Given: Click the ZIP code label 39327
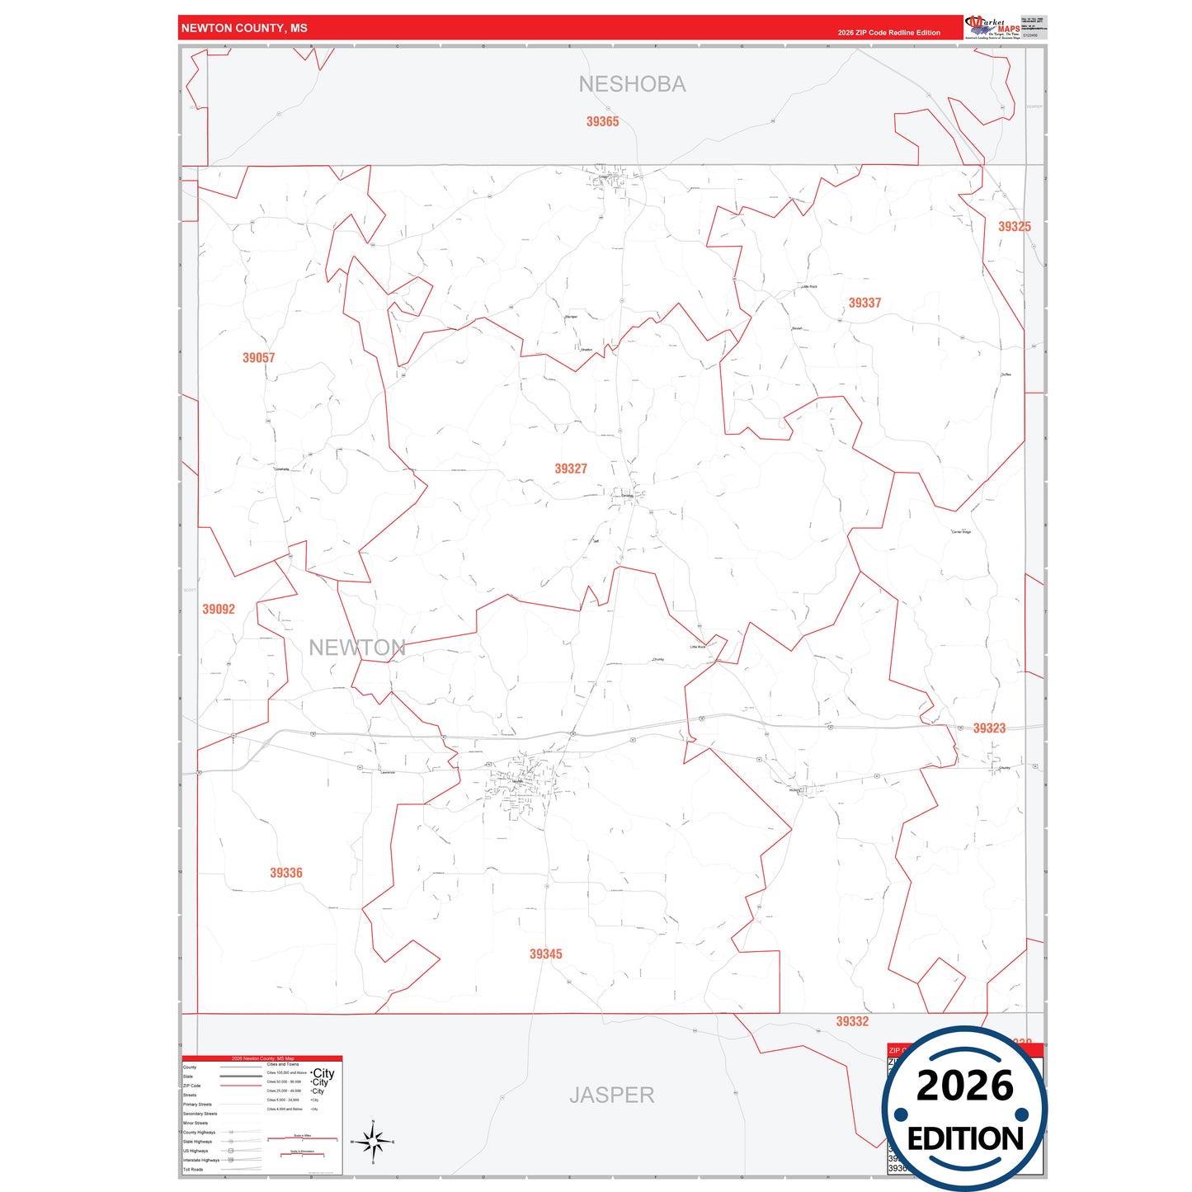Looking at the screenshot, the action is click(x=571, y=469).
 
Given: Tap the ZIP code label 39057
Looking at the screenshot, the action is click(x=258, y=358).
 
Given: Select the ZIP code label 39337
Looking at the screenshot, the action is click(x=865, y=303).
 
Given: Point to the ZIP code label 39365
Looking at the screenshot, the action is click(x=602, y=121).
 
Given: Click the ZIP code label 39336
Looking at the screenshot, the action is click(x=286, y=873).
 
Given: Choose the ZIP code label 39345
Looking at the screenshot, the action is click(x=545, y=954).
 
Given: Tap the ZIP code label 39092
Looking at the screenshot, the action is click(x=219, y=610).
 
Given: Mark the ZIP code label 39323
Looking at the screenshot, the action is click(x=989, y=728).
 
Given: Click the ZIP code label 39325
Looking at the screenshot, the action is click(x=1014, y=227).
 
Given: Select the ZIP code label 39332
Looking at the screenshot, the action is click(x=852, y=1021).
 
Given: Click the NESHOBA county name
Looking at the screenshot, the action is click(x=632, y=84).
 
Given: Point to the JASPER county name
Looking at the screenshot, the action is click(x=611, y=1095).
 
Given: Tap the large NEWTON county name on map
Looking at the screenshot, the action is click(x=357, y=648).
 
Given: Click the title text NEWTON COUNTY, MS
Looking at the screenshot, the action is click(x=244, y=28).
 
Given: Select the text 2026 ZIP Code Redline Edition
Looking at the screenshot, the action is click(x=888, y=33).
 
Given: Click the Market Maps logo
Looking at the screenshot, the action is click(x=992, y=27).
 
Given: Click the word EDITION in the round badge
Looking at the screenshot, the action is click(x=964, y=1139).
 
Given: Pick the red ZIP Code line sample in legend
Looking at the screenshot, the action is click(x=241, y=1086).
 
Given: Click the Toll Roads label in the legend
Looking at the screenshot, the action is click(x=193, y=1169).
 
